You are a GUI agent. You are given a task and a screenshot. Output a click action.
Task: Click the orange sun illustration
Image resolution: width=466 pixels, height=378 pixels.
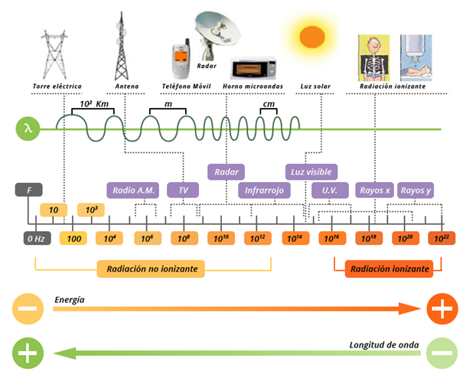311,37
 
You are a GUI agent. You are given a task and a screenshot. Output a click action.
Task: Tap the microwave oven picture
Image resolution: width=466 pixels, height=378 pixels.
254,68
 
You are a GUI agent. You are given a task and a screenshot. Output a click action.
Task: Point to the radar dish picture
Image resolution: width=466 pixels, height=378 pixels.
217,35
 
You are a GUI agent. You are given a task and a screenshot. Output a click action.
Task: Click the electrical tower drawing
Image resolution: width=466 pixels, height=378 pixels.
54,54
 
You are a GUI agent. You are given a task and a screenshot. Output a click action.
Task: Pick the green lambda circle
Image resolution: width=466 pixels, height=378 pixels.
28,129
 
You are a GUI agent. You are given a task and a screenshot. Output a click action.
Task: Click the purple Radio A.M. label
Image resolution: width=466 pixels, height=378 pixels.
133,191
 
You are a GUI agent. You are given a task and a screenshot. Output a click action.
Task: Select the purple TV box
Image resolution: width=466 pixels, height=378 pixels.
183,191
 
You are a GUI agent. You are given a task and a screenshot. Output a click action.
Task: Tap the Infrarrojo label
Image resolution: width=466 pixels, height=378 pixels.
264,191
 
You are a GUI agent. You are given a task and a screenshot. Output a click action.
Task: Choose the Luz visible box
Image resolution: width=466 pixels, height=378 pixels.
311,171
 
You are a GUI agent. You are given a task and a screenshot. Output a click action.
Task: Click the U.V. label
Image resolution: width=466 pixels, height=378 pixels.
330,191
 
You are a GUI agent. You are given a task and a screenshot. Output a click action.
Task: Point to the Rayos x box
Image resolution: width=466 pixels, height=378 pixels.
375,191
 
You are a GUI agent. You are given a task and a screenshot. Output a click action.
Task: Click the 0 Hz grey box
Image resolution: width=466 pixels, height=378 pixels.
37,238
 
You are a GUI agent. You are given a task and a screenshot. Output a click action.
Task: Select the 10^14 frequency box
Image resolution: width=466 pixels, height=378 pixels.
295,238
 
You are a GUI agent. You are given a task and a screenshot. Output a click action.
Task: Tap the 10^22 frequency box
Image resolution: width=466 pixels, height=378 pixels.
442,238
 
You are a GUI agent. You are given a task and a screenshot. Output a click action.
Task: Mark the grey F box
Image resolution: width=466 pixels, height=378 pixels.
29,190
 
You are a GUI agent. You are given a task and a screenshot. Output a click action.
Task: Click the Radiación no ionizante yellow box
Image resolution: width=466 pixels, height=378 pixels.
151,269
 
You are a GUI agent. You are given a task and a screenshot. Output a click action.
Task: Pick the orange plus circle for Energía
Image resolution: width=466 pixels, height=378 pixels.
442,309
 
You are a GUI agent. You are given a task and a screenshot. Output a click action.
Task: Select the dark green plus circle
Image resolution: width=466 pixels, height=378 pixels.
28,353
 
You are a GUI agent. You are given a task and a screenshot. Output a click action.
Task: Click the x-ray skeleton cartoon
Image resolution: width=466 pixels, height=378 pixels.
373,57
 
